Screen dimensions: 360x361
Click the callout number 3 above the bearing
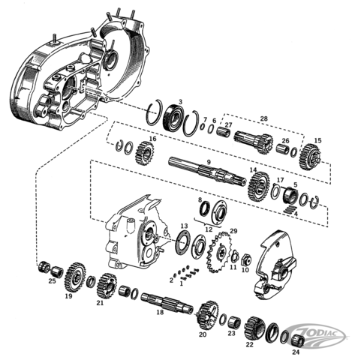click(180, 102)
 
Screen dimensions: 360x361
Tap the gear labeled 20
click(207, 313)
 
